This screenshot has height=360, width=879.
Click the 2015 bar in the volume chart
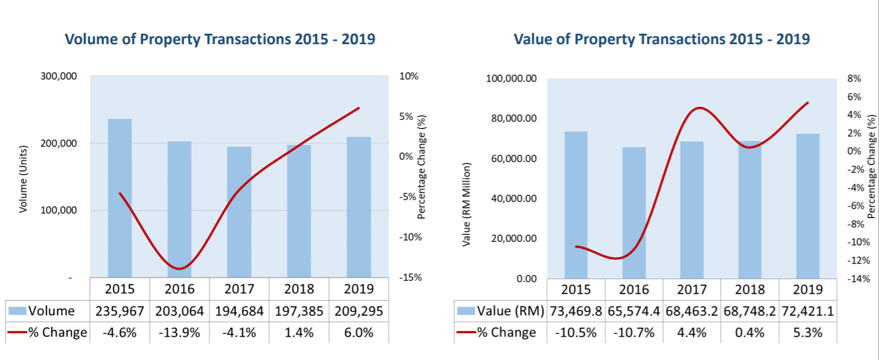[x=120, y=198]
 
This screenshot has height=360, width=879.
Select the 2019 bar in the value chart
[x=808, y=206]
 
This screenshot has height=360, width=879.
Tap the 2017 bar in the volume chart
[x=239, y=212]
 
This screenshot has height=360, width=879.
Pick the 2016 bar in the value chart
[x=634, y=212]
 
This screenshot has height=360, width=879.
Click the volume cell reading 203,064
[x=179, y=311]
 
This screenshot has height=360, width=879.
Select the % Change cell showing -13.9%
[x=179, y=332]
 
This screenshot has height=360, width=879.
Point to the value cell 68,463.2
[x=692, y=311]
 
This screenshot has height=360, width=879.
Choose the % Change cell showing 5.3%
[x=808, y=332]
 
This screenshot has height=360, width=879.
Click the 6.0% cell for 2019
[x=358, y=332]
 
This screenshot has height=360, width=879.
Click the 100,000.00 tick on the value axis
[x=510, y=79]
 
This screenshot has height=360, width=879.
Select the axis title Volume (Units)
[x=24, y=179]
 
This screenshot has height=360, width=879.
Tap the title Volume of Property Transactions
[x=220, y=40]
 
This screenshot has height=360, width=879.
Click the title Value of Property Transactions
[x=661, y=40]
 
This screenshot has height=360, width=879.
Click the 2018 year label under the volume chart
[x=298, y=289]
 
